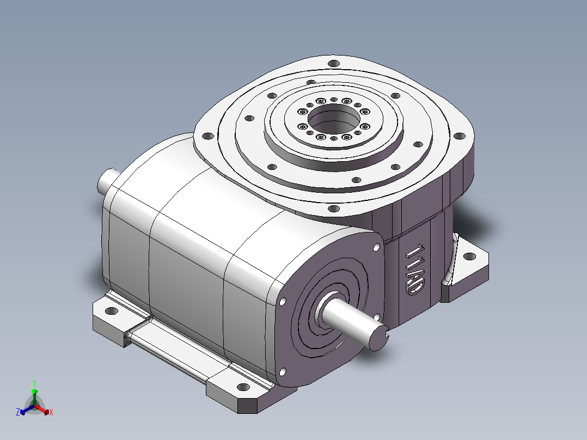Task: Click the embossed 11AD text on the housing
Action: click(x=415, y=270)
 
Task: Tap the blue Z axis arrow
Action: click(x=27, y=410)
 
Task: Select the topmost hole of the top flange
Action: click(x=334, y=63)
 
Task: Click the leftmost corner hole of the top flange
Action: click(x=207, y=136)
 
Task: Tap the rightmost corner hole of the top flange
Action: click(x=460, y=136)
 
